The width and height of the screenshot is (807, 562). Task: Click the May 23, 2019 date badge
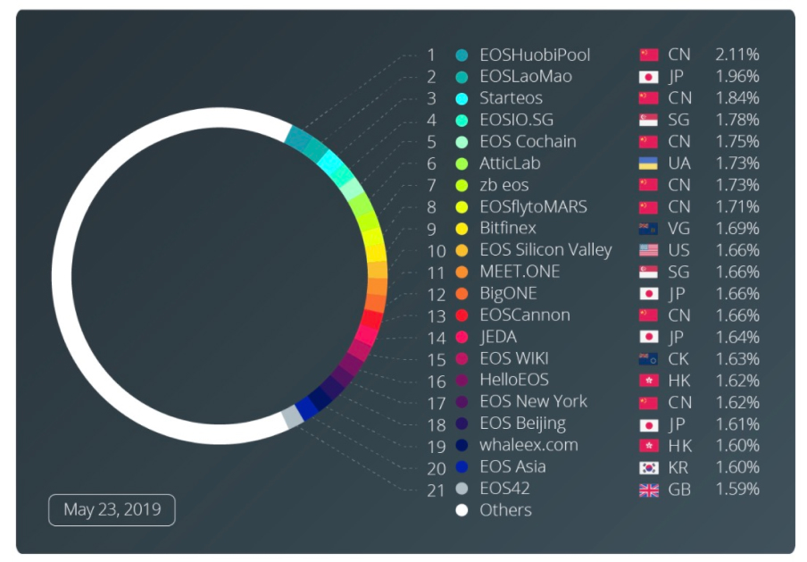pos(112,510)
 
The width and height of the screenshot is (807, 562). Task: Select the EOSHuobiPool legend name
pos(534,55)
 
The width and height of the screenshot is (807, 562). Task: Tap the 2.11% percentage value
pos(736,55)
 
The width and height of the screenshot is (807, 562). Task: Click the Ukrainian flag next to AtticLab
pos(649,164)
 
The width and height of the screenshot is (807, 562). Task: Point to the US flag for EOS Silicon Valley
pos(649,251)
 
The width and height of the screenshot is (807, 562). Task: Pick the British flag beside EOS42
pos(649,490)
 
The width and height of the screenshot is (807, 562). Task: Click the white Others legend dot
pos(462,511)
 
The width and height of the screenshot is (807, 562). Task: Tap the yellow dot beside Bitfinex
pos(462,229)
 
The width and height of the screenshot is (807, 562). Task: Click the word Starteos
pos(511,98)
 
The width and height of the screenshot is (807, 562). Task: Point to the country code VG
pos(679,229)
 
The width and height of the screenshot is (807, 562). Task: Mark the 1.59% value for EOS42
pos(736,490)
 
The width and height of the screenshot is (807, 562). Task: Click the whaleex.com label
pos(528,446)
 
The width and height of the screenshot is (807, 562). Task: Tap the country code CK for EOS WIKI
pos(679,359)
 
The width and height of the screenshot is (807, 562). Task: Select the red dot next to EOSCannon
pos(462,315)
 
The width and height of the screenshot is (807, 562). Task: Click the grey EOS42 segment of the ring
pos(292,417)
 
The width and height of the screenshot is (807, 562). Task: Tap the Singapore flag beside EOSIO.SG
pos(649,121)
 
